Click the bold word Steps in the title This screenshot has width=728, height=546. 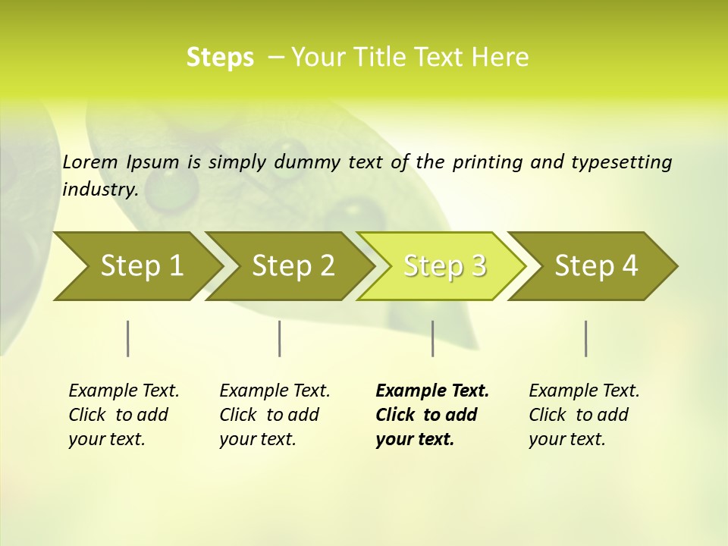point(220,58)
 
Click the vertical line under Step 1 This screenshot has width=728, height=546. point(128,338)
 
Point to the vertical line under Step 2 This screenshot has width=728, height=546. point(280,338)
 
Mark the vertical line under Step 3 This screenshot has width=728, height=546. point(432,338)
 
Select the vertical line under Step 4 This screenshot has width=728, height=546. point(586,338)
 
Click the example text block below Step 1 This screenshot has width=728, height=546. point(124,415)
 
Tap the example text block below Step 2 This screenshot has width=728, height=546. point(275,415)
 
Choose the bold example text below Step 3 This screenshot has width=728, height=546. point(432,415)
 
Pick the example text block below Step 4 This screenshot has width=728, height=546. point(584,415)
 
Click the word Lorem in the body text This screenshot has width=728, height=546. point(90,162)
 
